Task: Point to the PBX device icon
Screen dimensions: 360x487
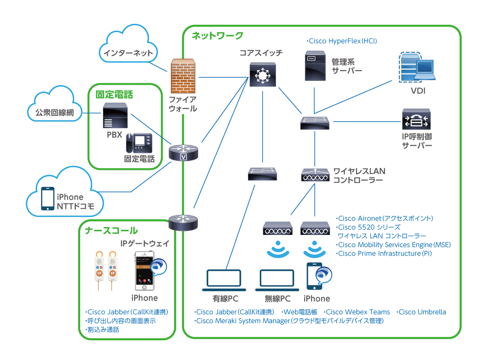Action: pos(115,117)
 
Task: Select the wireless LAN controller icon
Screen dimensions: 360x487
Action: pos(315,175)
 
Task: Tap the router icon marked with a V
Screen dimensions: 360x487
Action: pos(184,153)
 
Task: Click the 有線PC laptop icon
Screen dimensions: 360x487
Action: pos(224,281)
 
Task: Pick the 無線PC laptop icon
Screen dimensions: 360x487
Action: pos(277,281)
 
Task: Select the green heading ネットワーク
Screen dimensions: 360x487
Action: pos(217,36)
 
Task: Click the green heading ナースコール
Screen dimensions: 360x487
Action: pos(111,230)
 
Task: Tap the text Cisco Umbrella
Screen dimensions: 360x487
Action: pos(421,312)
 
